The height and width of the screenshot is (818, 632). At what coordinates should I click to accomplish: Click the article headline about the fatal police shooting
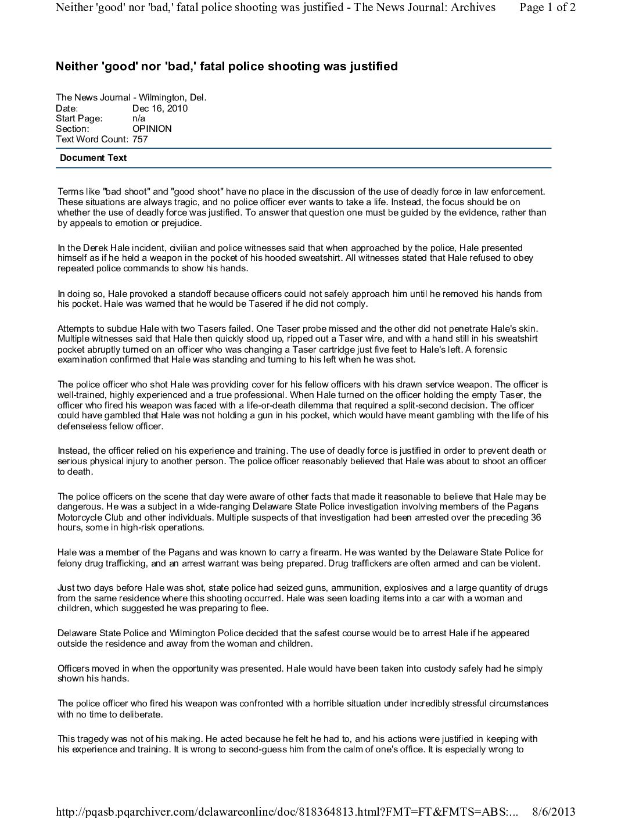click(227, 66)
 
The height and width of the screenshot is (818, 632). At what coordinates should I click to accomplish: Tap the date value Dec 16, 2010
click(160, 108)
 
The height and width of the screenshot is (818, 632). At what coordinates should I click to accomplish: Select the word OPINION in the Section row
click(152, 129)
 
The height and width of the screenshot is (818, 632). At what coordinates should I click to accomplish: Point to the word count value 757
click(140, 139)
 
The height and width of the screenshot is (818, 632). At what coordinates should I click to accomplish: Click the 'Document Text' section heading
click(93, 158)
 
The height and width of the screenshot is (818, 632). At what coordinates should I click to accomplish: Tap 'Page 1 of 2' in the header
click(548, 8)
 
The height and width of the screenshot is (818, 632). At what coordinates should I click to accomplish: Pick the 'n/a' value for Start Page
click(139, 119)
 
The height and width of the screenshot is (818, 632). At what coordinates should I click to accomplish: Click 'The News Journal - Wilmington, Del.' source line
click(131, 98)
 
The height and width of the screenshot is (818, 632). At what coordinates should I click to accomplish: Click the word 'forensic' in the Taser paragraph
click(491, 349)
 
